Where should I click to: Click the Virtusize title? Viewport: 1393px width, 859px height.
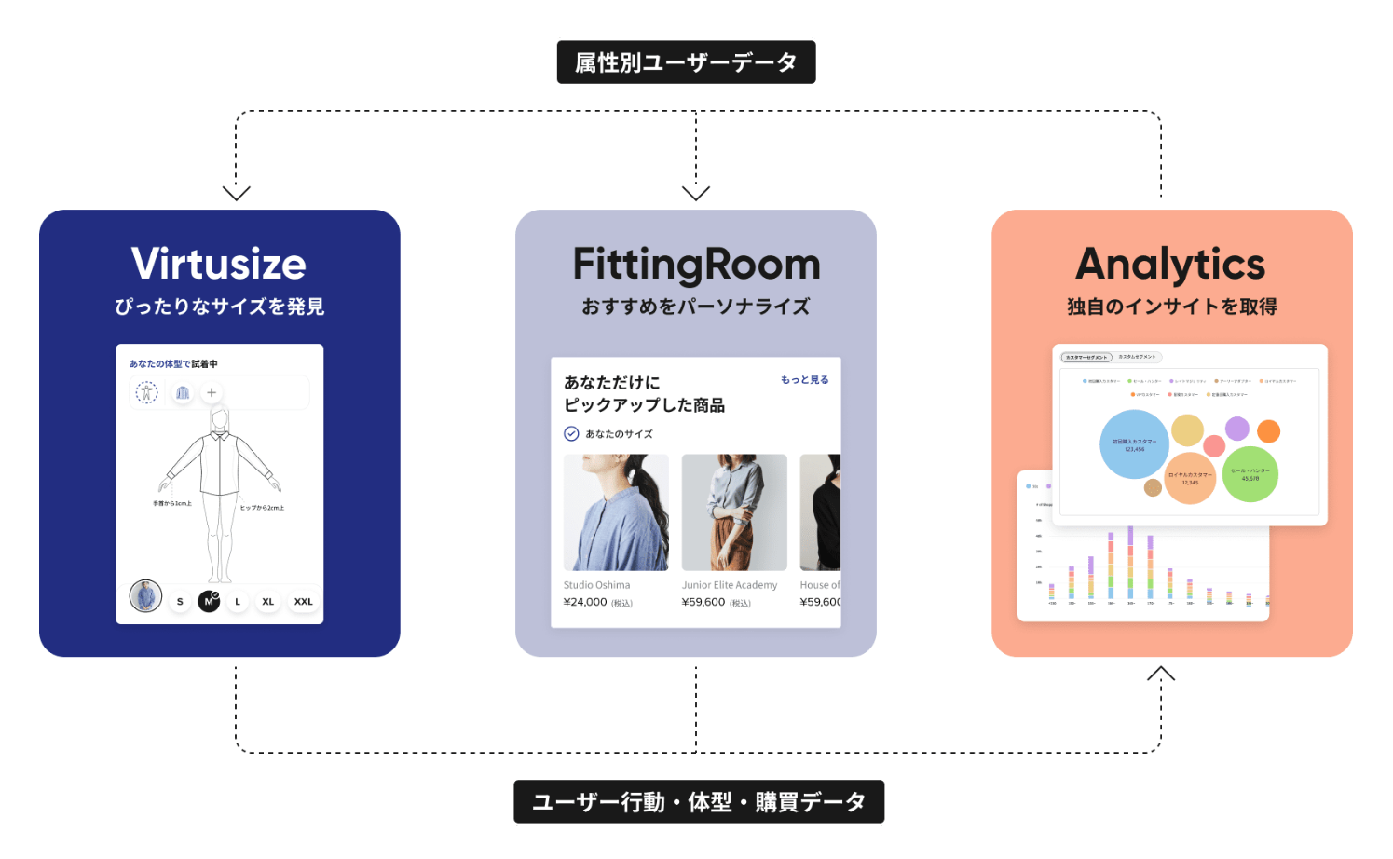[x=219, y=264]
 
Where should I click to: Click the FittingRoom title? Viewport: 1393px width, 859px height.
[x=696, y=266]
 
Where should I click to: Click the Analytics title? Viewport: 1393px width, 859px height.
[x=1170, y=265]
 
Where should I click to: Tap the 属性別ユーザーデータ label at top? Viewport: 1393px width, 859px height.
[x=686, y=62]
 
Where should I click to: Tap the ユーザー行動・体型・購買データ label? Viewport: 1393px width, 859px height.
[x=699, y=801]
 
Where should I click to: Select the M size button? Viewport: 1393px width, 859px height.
[x=209, y=602]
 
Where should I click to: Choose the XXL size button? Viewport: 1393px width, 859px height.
[x=303, y=602]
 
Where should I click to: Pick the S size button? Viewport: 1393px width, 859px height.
[x=180, y=602]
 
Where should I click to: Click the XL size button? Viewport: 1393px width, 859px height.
[x=267, y=602]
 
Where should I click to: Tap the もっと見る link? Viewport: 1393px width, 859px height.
[x=804, y=380]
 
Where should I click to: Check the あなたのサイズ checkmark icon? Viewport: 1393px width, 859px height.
[x=571, y=433]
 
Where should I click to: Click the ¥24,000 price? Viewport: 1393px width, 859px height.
[x=585, y=603]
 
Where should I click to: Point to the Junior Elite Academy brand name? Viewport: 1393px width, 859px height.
[x=729, y=585]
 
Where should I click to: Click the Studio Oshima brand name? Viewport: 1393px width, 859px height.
[x=596, y=585]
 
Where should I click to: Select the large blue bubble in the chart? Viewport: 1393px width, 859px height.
[x=1134, y=444]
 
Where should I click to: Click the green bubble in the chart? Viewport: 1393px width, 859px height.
[x=1250, y=474]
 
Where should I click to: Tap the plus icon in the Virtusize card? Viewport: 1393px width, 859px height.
[x=212, y=393]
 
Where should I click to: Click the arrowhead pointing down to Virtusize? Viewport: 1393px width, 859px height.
[x=237, y=193]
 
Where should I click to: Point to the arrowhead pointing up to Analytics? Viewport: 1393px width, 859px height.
[x=1161, y=673]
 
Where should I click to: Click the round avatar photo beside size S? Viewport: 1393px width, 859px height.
[x=145, y=596]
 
